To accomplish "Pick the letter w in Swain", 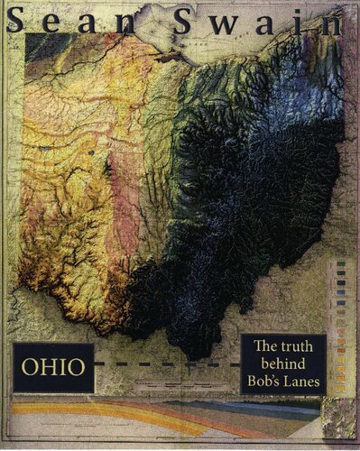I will [x=231, y=23].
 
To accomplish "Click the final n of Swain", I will [x=335, y=23].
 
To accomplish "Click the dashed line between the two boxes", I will [x=167, y=364].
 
